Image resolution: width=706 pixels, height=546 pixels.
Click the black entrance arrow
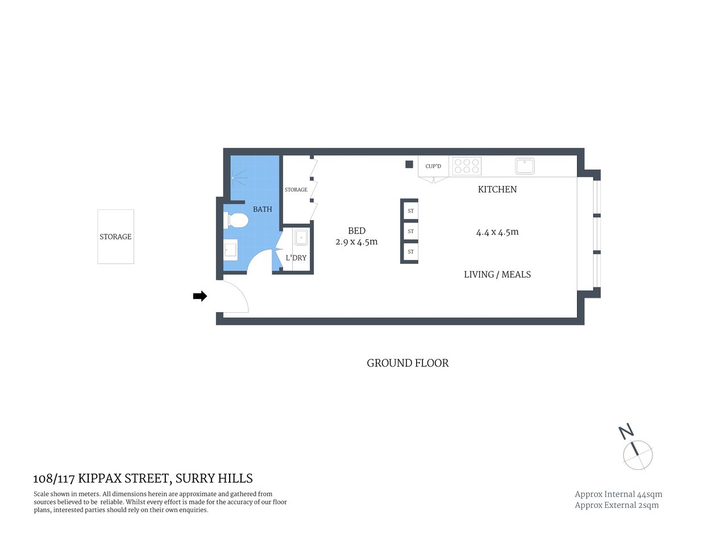click(x=200, y=296)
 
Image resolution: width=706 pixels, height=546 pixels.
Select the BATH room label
click(x=262, y=209)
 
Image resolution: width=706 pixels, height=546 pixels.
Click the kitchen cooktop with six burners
click(x=467, y=166)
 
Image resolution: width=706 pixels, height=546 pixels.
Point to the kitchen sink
click(x=524, y=166)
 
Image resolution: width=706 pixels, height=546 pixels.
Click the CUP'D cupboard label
click(x=433, y=166)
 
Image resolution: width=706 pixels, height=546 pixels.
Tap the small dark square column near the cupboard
click(x=409, y=164)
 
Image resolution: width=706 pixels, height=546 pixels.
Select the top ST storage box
click(x=410, y=211)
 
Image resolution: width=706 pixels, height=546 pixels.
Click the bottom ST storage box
click(x=410, y=252)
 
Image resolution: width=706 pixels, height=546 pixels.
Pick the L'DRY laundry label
click(x=296, y=258)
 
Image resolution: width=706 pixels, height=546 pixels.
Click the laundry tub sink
click(x=301, y=238)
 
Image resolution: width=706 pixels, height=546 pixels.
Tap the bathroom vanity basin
click(x=230, y=250)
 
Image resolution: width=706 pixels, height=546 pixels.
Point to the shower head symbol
click(x=235, y=177)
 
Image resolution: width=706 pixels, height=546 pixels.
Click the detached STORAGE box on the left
click(x=115, y=237)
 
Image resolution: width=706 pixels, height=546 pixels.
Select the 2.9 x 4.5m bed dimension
click(x=356, y=242)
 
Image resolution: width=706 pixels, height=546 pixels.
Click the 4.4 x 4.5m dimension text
click(x=497, y=232)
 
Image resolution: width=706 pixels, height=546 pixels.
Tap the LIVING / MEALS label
click(x=497, y=275)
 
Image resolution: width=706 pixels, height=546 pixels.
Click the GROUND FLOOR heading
click(x=408, y=363)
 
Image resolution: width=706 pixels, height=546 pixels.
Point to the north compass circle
click(x=638, y=454)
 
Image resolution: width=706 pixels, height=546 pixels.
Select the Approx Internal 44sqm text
click(x=618, y=494)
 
